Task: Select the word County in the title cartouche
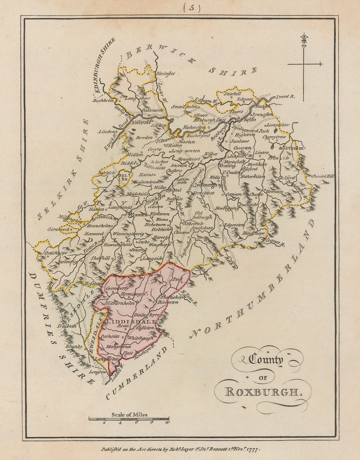(266, 361)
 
